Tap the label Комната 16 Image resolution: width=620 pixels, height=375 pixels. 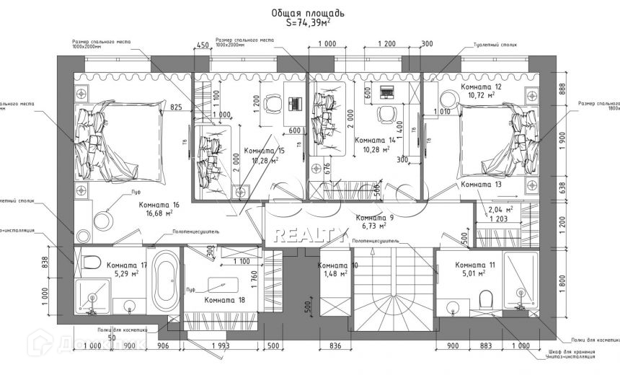point(159,205)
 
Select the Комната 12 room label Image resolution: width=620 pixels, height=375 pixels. point(482,87)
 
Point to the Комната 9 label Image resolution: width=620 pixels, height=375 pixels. point(375,218)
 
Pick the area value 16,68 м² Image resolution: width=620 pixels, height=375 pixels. point(159,213)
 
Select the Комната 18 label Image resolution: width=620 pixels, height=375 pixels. point(225,299)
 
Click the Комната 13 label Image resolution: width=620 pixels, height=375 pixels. point(481,185)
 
